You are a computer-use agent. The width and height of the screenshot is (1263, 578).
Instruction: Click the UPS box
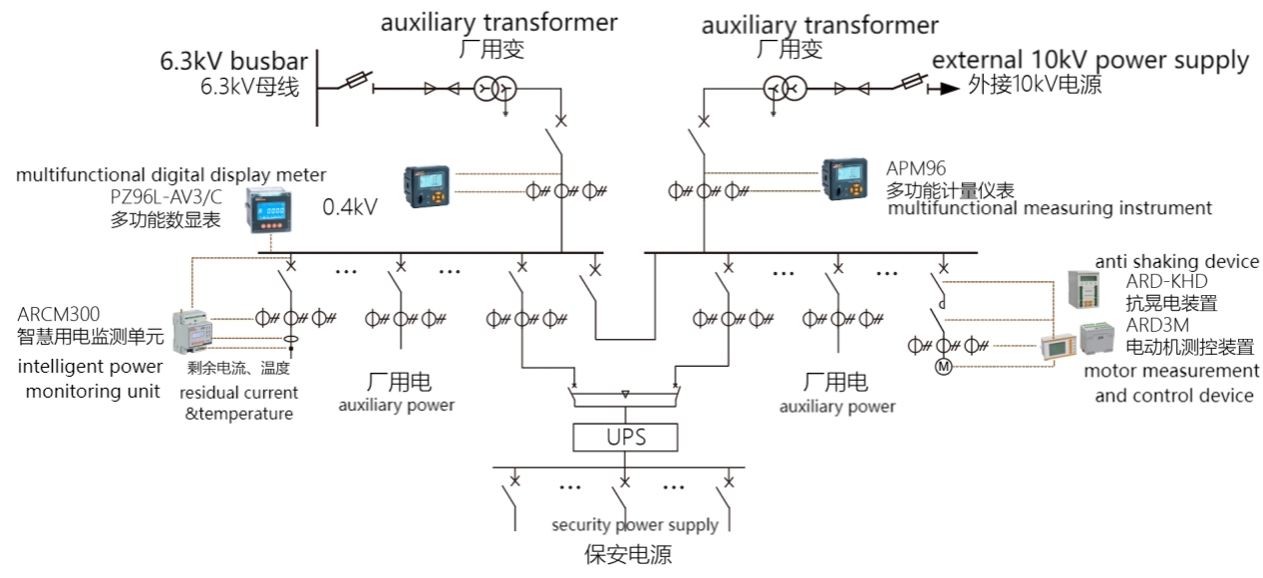click(x=625, y=436)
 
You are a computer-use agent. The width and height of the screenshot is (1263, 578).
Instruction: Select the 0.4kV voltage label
click(x=350, y=207)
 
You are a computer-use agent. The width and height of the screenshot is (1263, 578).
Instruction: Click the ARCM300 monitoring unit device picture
click(x=197, y=328)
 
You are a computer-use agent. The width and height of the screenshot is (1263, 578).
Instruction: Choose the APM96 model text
click(x=916, y=168)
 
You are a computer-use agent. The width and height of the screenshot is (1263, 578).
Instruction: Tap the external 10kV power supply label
click(x=1090, y=60)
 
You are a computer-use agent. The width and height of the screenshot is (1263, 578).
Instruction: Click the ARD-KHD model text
click(x=1166, y=282)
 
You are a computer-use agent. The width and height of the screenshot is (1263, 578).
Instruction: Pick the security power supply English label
click(x=635, y=525)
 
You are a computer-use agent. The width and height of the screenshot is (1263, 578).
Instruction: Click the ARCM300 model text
click(x=59, y=315)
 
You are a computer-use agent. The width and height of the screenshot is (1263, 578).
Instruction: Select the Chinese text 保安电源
click(x=628, y=553)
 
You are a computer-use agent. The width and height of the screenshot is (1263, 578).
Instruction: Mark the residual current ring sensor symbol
click(x=290, y=341)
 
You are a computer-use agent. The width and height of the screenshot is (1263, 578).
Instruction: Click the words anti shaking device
click(x=1176, y=261)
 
